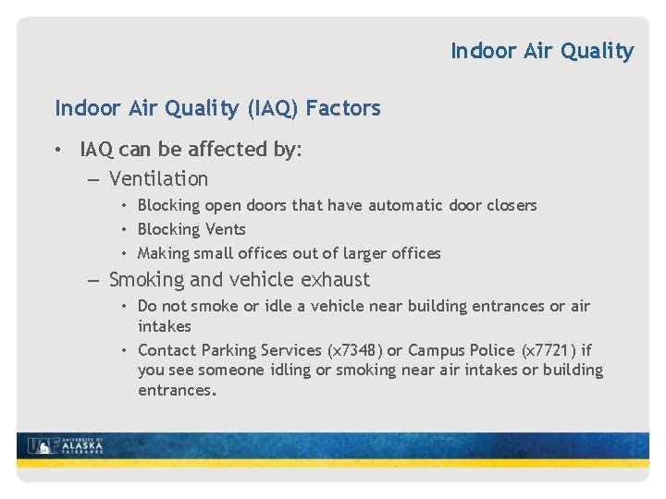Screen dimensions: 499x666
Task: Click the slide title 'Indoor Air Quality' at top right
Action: [x=542, y=51]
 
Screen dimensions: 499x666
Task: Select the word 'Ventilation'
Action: [x=158, y=178]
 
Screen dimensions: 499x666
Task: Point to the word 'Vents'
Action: [x=225, y=229]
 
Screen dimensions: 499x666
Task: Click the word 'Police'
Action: [x=490, y=350]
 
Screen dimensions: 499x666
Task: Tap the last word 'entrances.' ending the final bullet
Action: [x=177, y=390]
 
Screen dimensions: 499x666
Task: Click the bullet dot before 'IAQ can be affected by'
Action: [x=58, y=150]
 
